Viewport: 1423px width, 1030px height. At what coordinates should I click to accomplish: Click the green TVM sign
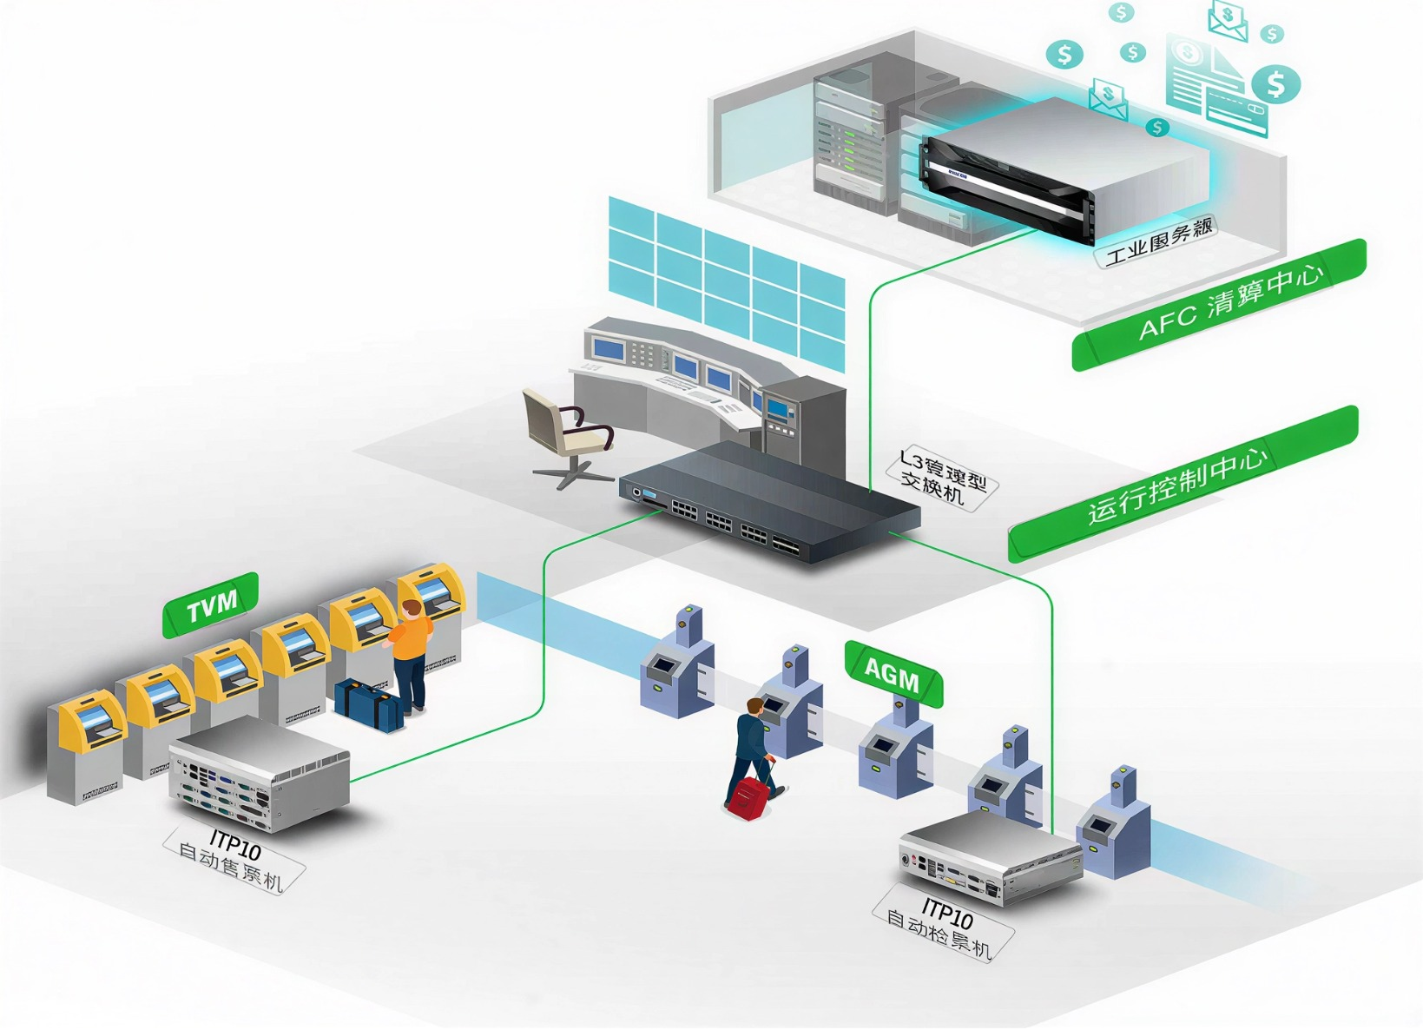211,604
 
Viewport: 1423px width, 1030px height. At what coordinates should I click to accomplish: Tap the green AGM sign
893,673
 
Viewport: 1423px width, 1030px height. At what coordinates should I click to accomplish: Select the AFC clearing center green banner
1220,305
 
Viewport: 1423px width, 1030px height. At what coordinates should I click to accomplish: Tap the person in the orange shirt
410,656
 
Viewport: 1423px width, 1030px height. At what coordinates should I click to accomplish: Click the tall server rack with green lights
849,135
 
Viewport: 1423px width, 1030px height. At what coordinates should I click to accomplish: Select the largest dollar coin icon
1275,84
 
